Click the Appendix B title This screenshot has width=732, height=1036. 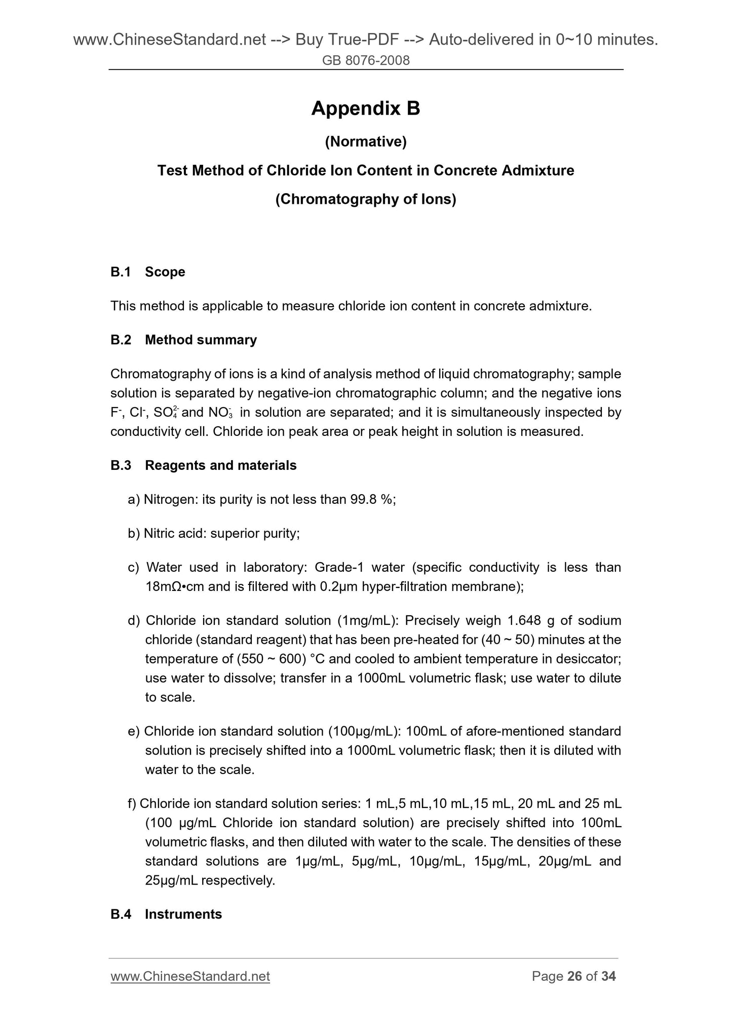(366, 108)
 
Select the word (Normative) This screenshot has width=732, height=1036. (366, 142)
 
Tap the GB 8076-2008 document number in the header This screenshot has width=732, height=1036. (366, 61)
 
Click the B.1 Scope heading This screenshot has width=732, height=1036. (147, 272)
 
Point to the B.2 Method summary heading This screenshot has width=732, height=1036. (183, 340)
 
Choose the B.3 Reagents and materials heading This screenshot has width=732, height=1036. (203, 465)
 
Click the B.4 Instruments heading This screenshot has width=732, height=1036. (166, 914)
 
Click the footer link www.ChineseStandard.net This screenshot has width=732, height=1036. (190, 976)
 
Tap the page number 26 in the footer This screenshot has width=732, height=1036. (574, 976)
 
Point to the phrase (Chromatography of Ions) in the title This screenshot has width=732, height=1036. (366, 200)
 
